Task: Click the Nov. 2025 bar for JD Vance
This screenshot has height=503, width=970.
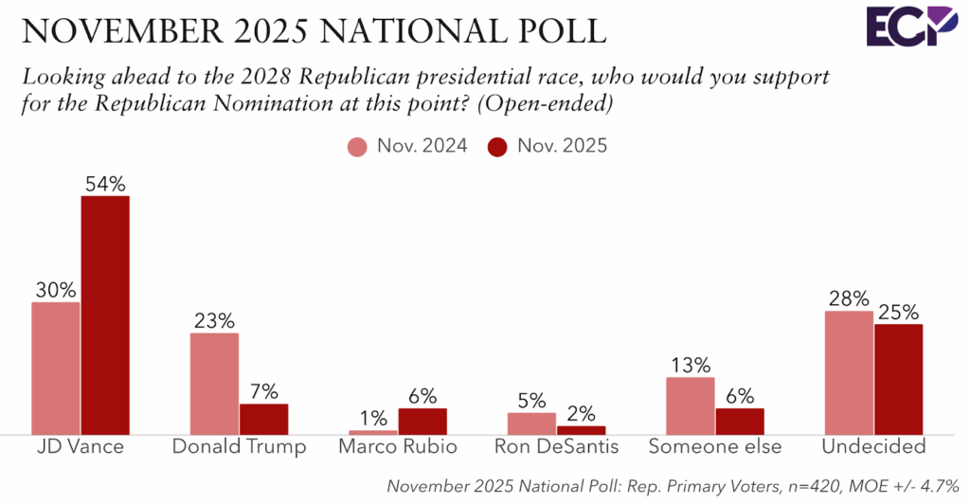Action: [105, 314]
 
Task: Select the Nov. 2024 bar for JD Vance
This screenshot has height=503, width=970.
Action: [56, 368]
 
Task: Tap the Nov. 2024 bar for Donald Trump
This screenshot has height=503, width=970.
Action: [214, 383]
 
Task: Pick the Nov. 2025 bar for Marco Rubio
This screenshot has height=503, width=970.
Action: [422, 421]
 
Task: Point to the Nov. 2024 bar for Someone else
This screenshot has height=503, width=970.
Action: [690, 405]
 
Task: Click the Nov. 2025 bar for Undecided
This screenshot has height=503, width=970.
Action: [898, 379]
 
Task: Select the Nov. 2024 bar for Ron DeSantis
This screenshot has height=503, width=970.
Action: [531, 422]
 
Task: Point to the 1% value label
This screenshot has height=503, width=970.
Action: [372, 418]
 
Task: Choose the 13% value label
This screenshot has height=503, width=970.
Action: [690, 366]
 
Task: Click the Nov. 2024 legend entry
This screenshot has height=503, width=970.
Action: [407, 147]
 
